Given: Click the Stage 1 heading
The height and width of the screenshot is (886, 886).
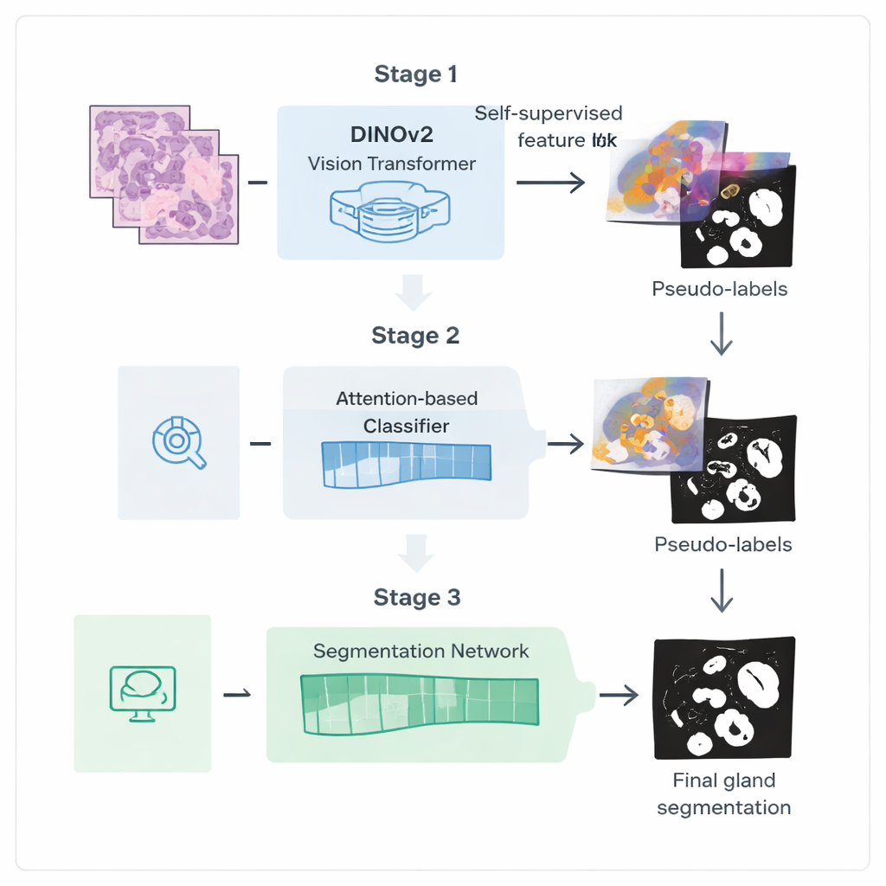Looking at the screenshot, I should [415, 74].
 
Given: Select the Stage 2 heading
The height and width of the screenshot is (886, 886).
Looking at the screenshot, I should [415, 335].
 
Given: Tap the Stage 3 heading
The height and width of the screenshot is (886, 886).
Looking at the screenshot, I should [416, 597].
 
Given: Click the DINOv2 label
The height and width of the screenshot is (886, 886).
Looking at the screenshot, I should [391, 135].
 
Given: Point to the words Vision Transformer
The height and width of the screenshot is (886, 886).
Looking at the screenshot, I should [391, 163].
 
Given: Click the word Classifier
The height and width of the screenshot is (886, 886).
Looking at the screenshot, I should [406, 427].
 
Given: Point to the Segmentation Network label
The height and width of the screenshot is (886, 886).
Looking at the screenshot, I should [421, 651].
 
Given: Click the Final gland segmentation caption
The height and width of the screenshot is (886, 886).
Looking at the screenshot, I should [723, 793].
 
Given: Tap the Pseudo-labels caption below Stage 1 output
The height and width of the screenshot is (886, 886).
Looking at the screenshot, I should [720, 288].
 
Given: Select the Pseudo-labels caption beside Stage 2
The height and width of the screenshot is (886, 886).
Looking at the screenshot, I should [722, 544].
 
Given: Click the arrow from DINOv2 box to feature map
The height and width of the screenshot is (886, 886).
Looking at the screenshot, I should [549, 183].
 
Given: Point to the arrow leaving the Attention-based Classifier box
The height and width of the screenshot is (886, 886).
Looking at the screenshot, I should [566, 444].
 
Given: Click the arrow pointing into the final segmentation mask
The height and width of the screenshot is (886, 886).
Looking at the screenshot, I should [620, 694].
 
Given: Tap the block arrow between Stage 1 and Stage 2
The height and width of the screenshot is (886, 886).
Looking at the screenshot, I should [414, 292].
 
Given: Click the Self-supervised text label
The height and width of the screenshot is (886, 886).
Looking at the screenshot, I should [549, 113].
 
